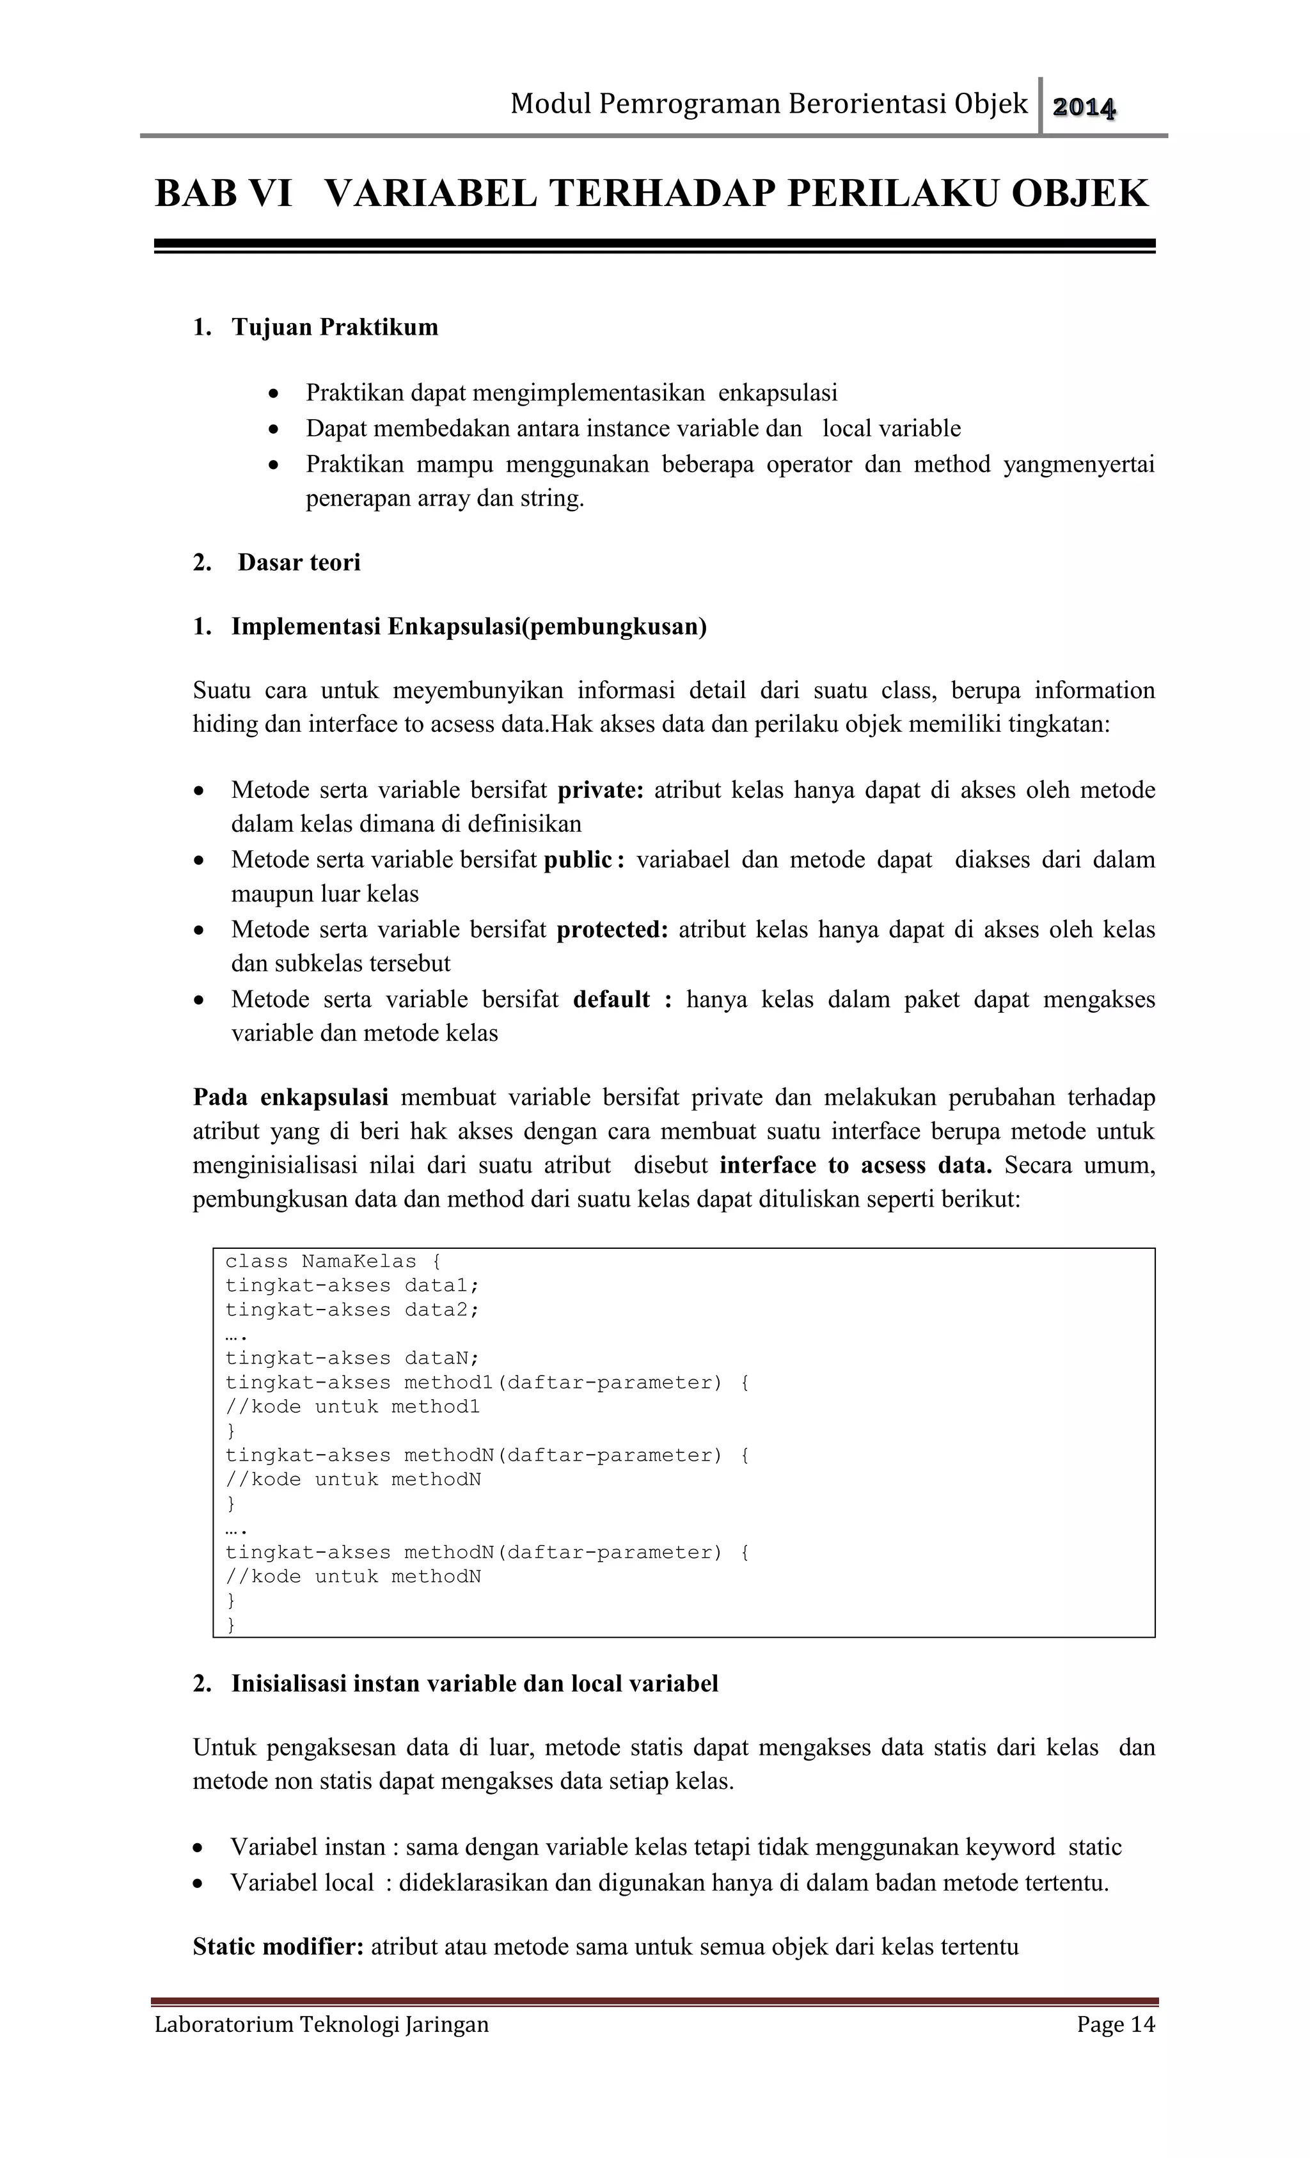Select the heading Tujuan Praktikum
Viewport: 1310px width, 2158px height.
(335, 328)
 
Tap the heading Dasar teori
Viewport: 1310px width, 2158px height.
(299, 562)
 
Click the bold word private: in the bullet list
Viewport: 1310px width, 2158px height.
(601, 790)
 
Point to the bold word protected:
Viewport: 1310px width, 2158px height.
(612, 929)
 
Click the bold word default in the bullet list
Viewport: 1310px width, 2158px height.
(612, 999)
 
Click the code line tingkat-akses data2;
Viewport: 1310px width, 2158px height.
(352, 1310)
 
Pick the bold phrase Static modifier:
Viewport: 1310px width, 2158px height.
(278, 1947)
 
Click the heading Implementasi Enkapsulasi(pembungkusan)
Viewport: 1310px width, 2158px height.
(468, 627)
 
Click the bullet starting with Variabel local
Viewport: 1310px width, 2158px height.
(669, 1883)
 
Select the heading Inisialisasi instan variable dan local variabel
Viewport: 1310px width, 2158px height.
(474, 1684)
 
